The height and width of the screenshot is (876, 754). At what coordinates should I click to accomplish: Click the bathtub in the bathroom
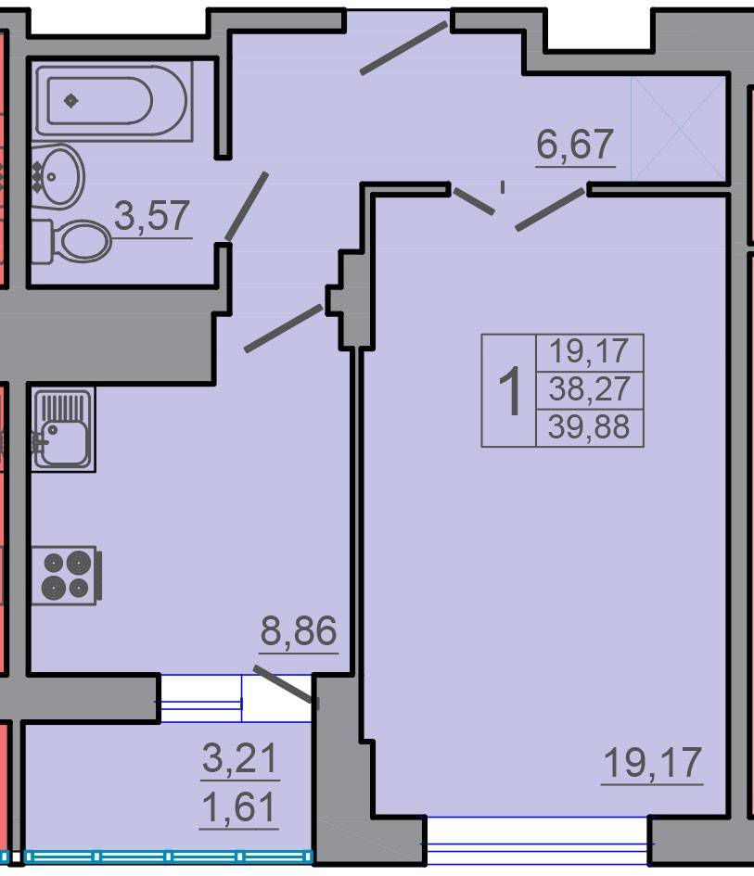[113, 100]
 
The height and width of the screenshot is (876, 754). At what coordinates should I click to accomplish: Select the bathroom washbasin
[56, 176]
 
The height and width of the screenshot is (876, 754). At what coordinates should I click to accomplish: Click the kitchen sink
[62, 429]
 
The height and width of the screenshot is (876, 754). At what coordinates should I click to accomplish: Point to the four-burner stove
[66, 575]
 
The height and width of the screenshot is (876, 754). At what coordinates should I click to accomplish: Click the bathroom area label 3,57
[152, 216]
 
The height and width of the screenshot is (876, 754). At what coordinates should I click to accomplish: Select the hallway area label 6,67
[575, 144]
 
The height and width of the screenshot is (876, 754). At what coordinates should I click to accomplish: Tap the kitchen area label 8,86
[299, 630]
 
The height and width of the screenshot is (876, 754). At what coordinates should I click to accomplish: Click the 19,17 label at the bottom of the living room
[652, 762]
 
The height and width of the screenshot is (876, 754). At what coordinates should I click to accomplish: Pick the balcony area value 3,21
[240, 758]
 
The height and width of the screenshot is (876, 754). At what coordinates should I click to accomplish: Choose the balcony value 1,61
[239, 807]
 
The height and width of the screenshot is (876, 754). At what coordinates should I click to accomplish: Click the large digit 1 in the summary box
[509, 391]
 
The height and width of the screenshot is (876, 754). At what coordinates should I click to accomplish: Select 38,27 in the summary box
[589, 388]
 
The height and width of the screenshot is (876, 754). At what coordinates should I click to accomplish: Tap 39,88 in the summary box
[589, 426]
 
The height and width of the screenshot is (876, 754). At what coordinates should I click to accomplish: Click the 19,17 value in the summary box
[589, 350]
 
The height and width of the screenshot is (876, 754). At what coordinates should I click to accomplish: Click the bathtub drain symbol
[71, 100]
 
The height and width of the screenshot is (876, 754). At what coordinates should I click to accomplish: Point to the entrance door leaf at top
[403, 48]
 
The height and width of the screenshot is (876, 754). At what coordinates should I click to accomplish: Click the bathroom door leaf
[247, 206]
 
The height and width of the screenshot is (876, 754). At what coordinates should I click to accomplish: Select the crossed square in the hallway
[679, 129]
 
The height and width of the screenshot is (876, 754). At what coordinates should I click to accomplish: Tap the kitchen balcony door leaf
[283, 684]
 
